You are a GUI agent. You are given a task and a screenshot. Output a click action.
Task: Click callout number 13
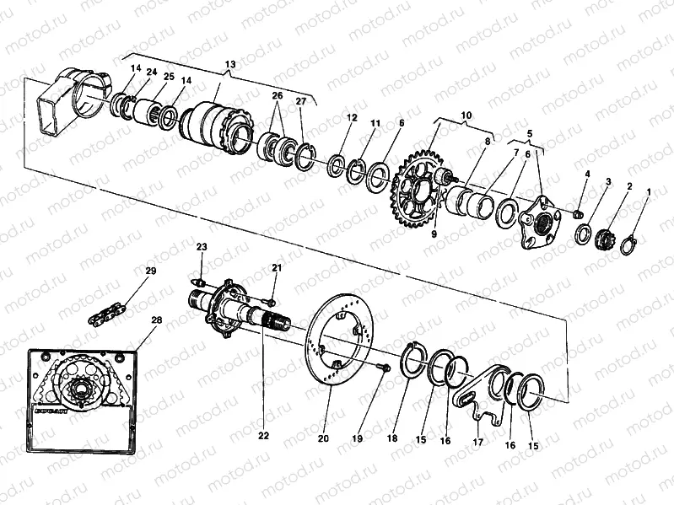229,65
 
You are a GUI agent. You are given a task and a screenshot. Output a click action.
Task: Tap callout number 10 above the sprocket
466,114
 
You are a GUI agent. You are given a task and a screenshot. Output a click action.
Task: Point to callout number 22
263,436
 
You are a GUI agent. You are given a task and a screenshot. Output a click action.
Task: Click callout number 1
648,193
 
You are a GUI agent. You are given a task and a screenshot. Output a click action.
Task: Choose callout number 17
477,441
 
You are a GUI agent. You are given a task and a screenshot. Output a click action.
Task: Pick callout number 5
530,133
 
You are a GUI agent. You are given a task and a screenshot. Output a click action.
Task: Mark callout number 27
301,101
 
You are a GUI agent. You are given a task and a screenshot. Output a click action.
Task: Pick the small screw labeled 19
385,368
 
